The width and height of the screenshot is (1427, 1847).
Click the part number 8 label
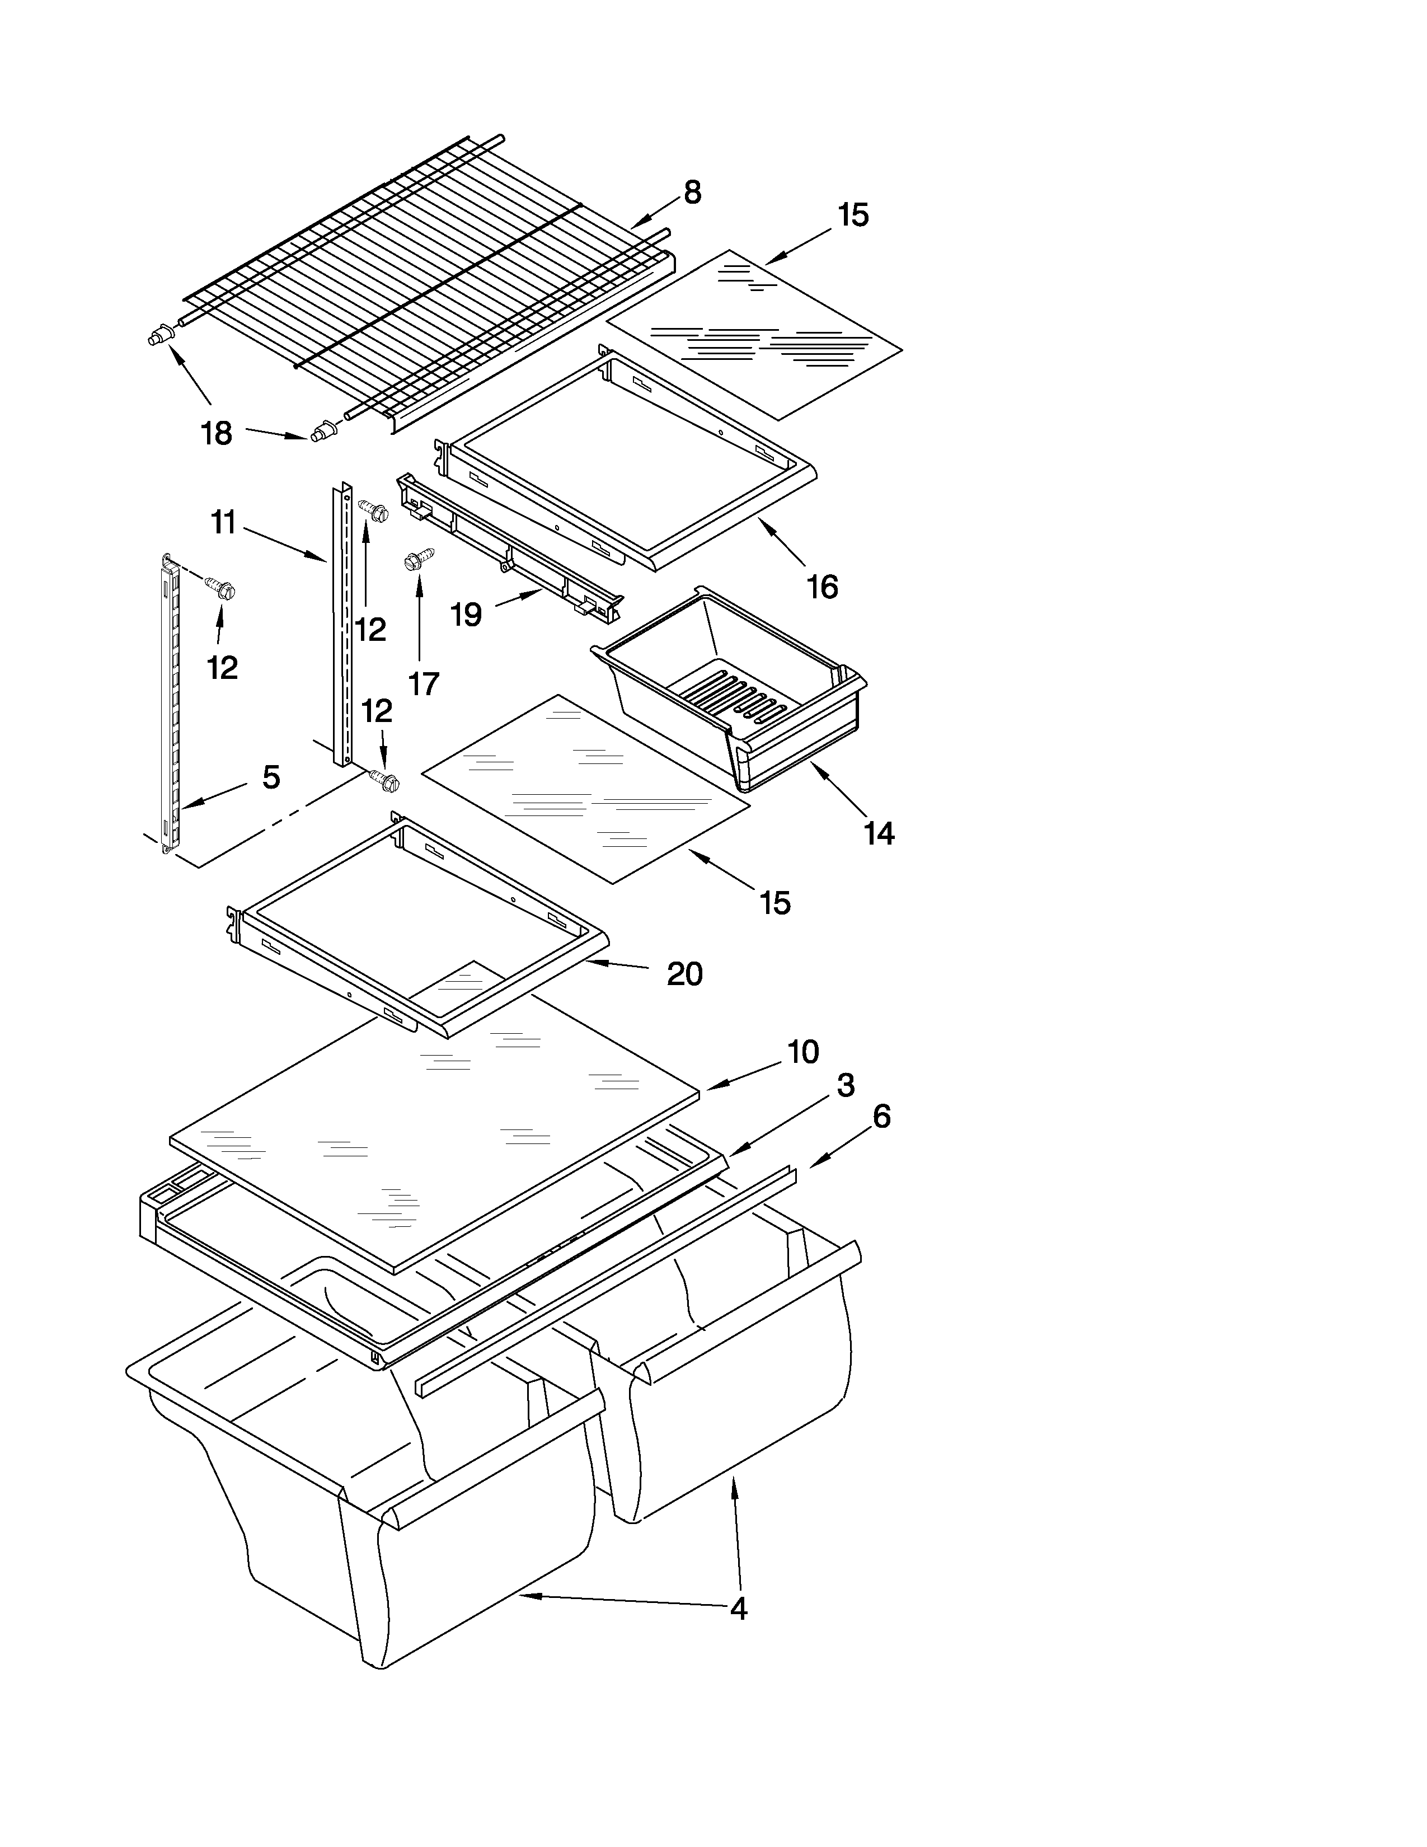tap(692, 193)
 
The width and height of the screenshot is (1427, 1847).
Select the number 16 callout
tap(822, 586)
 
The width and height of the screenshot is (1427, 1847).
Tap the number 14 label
tap(879, 833)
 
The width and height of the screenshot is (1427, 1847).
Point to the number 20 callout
tap(684, 974)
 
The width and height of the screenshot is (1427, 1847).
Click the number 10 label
tap(803, 1052)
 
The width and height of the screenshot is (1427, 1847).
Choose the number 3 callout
tap(846, 1085)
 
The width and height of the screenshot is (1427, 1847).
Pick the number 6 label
tap(881, 1117)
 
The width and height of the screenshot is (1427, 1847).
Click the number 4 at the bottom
tap(738, 1609)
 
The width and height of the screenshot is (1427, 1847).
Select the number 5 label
tap(270, 776)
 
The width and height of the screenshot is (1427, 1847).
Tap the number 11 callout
tap(223, 523)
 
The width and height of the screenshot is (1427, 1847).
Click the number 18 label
tap(217, 434)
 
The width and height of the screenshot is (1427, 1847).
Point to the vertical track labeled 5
tap(169, 702)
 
